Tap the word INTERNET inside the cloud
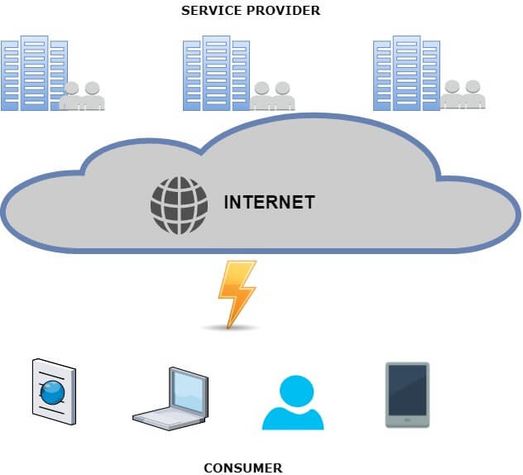(269, 202)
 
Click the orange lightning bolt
(236, 292)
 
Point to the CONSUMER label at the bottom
(242, 468)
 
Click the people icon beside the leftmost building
(83, 96)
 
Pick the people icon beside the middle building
(273, 96)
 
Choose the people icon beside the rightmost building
(463, 96)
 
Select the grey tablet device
(407, 394)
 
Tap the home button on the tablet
(407, 421)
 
